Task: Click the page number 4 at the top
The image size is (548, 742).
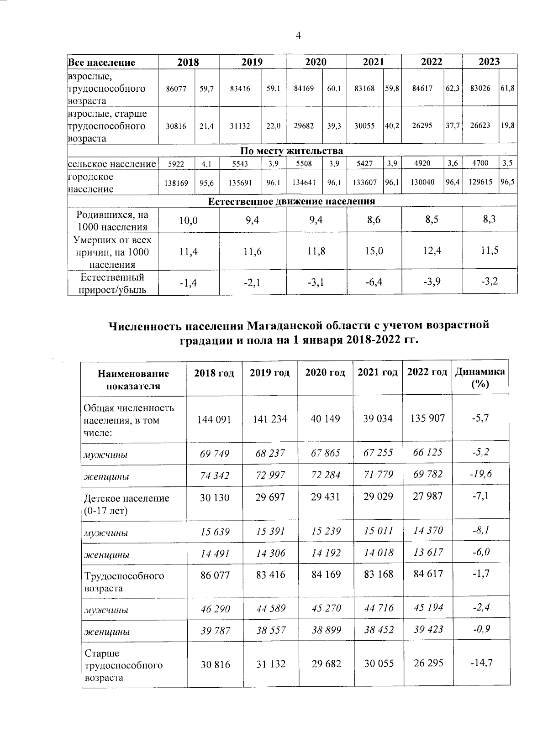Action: [x=298, y=36]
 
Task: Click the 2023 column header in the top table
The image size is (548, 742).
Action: [x=489, y=62]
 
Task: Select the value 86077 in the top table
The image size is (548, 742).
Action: [x=176, y=89]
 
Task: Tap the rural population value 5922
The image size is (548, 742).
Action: [x=176, y=163]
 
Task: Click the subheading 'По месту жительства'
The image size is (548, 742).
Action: [x=291, y=151]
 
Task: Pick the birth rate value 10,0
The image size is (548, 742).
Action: [x=188, y=221]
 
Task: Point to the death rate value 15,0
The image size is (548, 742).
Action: [x=374, y=251]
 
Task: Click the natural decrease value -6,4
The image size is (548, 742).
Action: [x=374, y=283]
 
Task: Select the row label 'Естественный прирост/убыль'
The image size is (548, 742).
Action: [x=112, y=283]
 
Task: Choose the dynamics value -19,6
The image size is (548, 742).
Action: [x=480, y=474]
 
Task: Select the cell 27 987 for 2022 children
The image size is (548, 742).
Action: [x=427, y=496]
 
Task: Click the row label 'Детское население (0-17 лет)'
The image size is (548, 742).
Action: [x=126, y=504]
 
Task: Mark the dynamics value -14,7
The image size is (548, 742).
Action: [x=481, y=663]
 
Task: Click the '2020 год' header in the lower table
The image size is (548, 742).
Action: [x=325, y=373]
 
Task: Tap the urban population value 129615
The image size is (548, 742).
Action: [x=480, y=182]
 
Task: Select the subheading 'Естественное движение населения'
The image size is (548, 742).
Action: [x=291, y=201]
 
